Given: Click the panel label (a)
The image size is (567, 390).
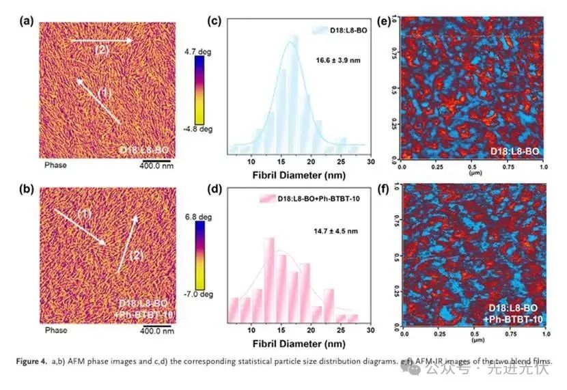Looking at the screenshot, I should click(27, 20).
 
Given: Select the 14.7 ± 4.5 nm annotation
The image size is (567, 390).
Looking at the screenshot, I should click(337, 232).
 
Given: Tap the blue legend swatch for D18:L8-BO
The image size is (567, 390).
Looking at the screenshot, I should click(320, 30).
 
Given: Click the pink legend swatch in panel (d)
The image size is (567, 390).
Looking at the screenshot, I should click(267, 198).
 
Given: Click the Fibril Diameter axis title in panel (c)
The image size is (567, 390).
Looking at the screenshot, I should click(298, 173).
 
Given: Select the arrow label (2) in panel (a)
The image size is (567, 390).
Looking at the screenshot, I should click(100, 50).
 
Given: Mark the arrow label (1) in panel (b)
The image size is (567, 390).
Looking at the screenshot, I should click(84, 215).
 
